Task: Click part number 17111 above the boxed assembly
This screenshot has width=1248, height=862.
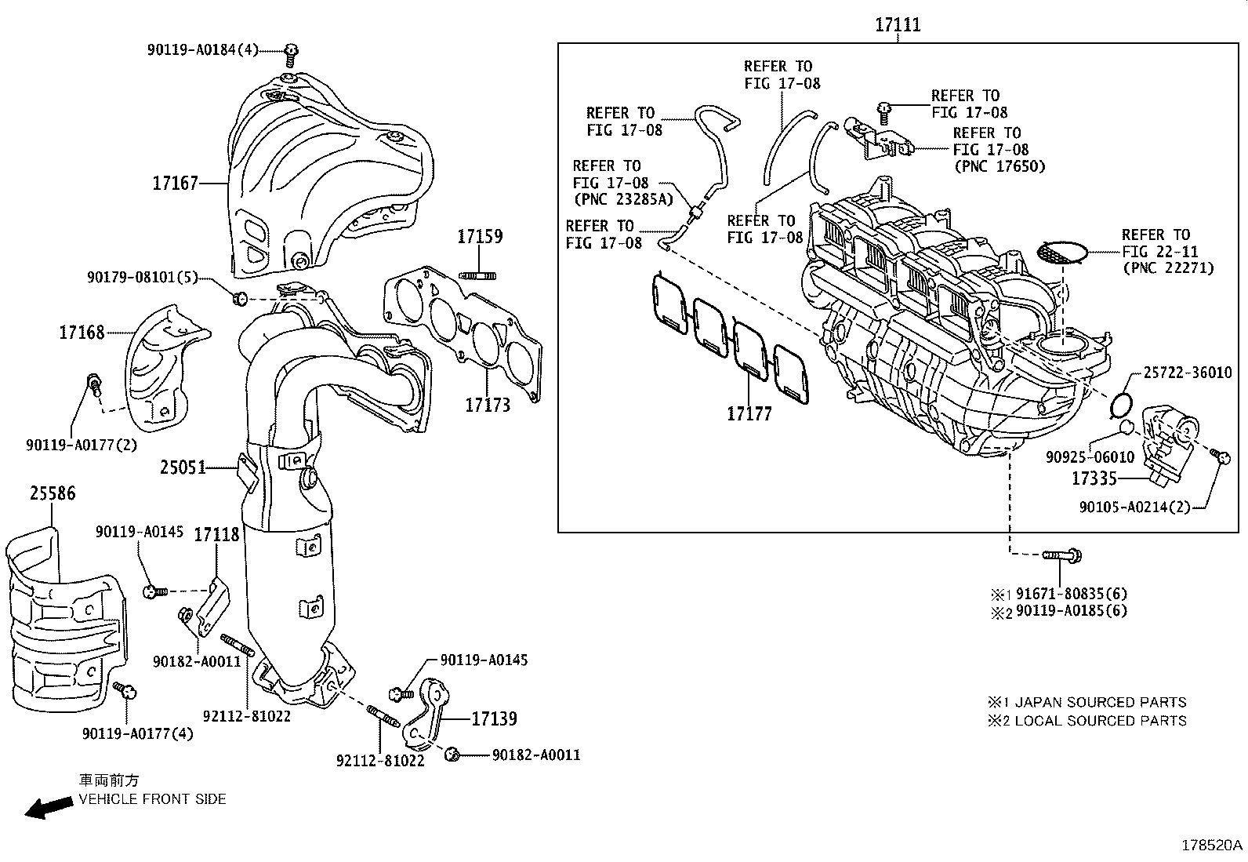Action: pos(898,25)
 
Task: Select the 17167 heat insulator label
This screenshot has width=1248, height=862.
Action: pos(175,184)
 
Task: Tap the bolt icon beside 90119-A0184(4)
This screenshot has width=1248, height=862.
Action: pos(291,53)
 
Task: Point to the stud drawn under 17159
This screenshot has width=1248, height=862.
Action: pos(480,274)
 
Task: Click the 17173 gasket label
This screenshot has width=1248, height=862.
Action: pos(487,405)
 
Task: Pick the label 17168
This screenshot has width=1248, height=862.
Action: pos(82,333)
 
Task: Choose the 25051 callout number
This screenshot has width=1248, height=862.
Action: pos(183,467)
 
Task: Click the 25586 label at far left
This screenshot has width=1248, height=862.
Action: pos(53,493)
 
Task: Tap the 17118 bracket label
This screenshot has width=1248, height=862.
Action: pos(216,535)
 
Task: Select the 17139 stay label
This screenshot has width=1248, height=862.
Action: pos(494,718)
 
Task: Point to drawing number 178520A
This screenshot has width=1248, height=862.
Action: pos(1212,846)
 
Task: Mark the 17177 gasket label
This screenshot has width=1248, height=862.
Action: pos(749,413)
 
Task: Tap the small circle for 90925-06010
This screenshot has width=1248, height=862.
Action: pos(1126,426)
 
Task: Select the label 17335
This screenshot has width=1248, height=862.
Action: pos(1094,478)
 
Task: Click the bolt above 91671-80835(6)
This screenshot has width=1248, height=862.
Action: pos(1062,555)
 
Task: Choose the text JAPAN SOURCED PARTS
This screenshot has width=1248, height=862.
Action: pos(1101,702)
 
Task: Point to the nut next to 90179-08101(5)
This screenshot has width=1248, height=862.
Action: pos(241,297)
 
